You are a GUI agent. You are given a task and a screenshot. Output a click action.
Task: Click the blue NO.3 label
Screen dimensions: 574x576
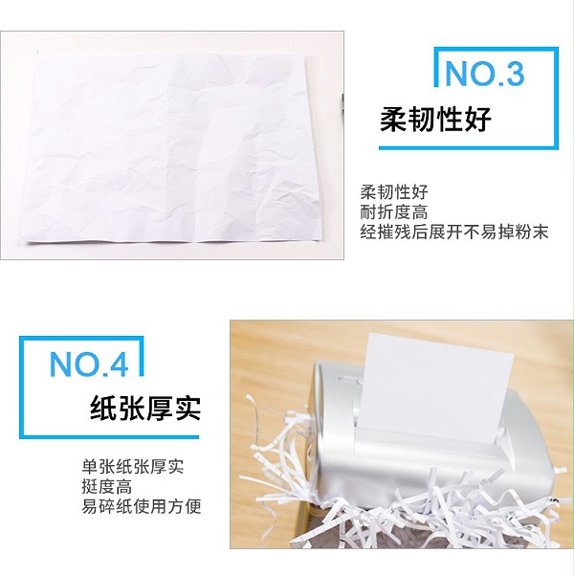484,73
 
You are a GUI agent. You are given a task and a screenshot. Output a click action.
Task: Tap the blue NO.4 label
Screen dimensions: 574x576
89,364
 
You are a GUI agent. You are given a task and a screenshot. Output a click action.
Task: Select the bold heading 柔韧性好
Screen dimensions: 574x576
435,120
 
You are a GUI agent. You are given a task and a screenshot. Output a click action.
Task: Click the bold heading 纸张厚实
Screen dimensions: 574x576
145,409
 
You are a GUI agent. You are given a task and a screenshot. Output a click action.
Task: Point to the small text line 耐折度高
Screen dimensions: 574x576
394,212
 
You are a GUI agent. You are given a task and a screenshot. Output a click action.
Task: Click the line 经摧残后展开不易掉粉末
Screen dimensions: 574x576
454,232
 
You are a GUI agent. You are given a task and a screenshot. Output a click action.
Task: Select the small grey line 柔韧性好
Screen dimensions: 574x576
394,191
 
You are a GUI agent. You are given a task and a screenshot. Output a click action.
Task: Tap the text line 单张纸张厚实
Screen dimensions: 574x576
133,467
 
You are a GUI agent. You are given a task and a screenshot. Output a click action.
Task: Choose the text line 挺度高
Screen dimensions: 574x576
106,487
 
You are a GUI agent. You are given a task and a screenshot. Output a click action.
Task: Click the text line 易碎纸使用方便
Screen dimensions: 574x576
142,506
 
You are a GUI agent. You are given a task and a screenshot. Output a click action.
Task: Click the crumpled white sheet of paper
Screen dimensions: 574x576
172,147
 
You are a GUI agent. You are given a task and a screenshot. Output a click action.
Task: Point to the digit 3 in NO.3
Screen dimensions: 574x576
514,73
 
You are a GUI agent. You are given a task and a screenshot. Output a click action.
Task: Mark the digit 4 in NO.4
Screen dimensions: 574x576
119,364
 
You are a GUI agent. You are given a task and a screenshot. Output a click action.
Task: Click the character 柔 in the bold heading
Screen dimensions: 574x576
393,120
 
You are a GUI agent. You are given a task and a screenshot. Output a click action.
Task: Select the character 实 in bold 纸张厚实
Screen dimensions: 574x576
188,409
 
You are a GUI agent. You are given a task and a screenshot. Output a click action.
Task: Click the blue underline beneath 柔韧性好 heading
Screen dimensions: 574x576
468,147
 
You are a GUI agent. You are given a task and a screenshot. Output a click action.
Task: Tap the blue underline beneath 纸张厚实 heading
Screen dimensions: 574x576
109,436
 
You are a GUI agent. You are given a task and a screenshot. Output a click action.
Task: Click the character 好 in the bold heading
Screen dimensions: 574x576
478,120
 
